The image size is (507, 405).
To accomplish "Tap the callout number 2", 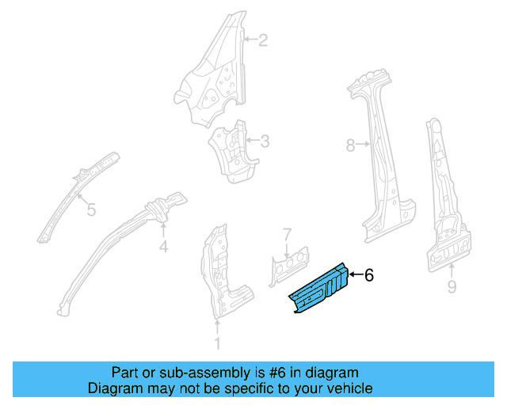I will click(x=264, y=39).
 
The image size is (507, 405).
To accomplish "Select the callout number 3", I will click(x=265, y=142).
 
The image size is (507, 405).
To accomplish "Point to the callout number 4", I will click(x=163, y=247).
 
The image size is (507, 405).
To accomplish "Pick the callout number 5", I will click(x=91, y=210).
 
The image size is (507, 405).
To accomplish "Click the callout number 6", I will click(x=368, y=274).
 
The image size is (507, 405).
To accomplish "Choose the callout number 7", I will click(x=288, y=234).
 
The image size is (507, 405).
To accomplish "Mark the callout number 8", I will click(x=351, y=145).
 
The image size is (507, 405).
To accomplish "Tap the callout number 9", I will click(x=452, y=287).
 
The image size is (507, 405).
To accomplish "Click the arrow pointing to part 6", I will click(x=354, y=274).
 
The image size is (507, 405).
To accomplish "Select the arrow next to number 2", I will click(x=250, y=39).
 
